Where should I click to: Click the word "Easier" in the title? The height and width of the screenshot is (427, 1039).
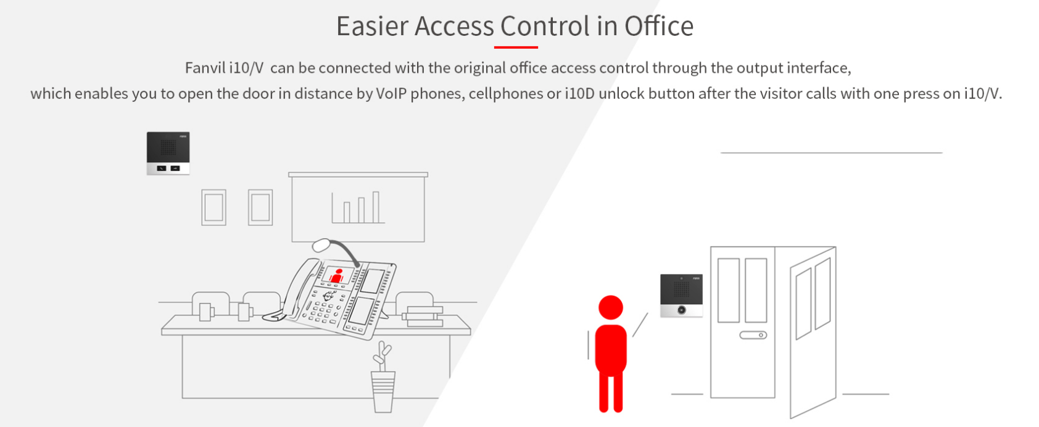[x=369, y=26]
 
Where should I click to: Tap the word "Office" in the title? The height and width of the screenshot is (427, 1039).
[x=659, y=26]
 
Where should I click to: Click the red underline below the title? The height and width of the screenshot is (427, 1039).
[x=516, y=47]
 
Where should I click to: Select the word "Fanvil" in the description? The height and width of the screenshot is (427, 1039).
[x=205, y=68]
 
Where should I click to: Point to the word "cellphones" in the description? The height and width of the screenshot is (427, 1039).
[x=505, y=93]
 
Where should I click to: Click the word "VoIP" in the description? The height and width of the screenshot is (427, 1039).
[x=391, y=93]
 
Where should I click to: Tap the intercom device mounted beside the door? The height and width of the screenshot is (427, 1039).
[x=681, y=296]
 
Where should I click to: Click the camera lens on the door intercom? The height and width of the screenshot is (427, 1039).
[x=681, y=310]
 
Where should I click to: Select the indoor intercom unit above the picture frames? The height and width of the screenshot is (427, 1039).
[x=168, y=153]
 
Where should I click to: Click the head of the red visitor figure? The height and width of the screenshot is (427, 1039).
[x=610, y=307]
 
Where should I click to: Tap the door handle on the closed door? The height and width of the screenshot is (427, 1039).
[x=753, y=335]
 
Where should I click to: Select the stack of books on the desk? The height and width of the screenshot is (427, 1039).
[x=423, y=316]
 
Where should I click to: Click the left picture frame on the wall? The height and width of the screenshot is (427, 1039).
[x=214, y=207]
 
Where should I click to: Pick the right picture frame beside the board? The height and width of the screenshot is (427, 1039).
[x=260, y=207]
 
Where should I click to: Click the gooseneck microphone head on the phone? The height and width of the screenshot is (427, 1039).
[x=321, y=245]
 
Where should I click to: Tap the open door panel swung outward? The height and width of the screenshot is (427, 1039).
[x=813, y=332]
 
